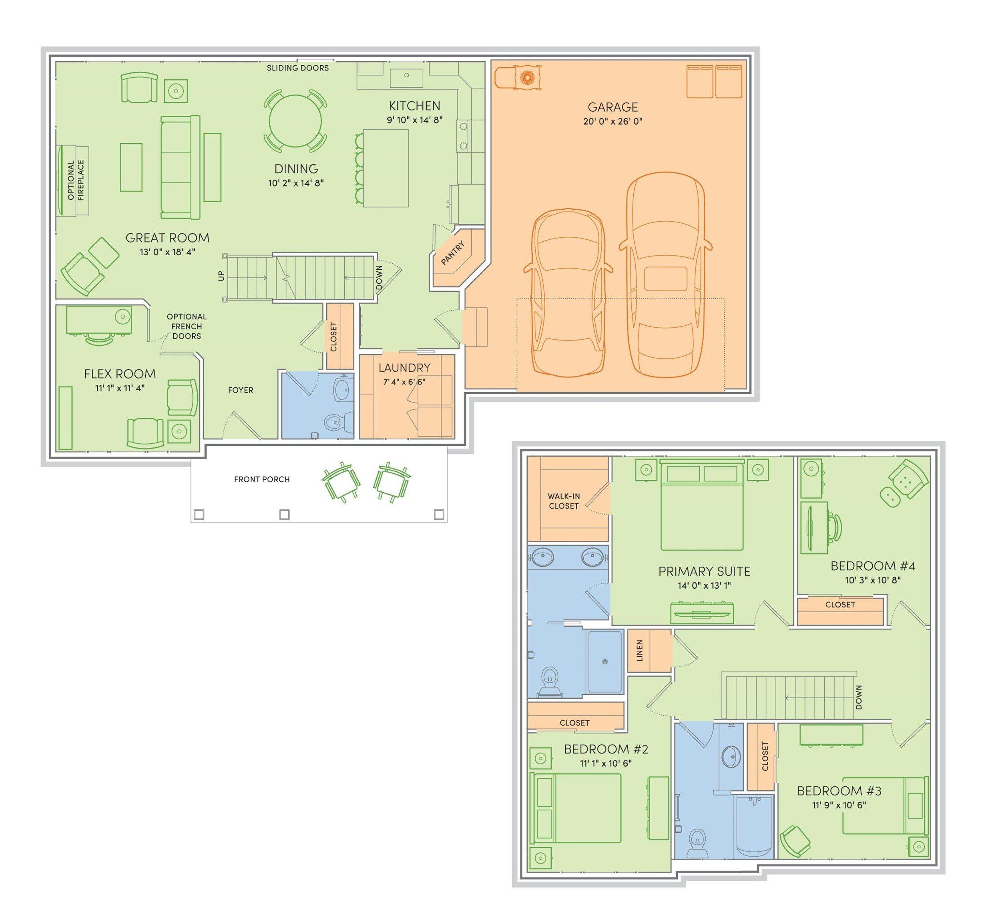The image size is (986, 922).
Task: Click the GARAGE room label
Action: tap(612, 107)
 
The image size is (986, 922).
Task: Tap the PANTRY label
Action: tap(453, 253)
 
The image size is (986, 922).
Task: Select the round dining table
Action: tap(295, 121)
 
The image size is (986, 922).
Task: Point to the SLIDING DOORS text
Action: tap(297, 68)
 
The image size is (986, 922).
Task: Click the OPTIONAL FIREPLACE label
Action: tap(76, 180)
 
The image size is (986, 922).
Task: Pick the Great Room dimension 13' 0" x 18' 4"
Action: tap(168, 252)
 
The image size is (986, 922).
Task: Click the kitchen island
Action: tap(386, 168)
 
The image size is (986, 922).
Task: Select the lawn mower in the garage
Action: tap(518, 77)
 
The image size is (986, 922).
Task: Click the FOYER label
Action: tap(241, 390)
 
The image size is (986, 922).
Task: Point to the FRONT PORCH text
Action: tap(262, 479)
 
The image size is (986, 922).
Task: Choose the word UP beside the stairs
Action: tap(222, 276)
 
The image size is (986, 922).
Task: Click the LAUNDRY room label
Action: tap(405, 368)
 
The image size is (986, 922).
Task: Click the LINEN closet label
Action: tap(640, 650)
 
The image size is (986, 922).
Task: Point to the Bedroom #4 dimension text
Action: tap(873, 580)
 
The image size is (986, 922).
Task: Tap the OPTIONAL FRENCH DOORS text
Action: tap(187, 326)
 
